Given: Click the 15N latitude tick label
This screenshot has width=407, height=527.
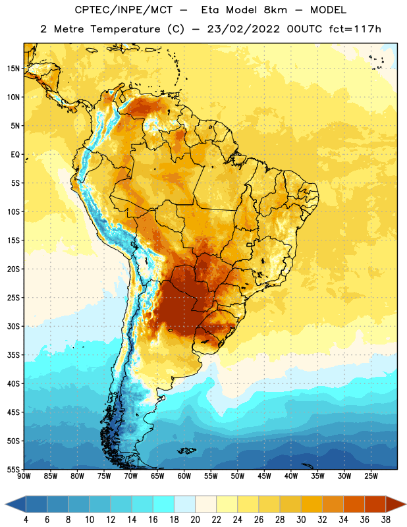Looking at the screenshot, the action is (x=13, y=69).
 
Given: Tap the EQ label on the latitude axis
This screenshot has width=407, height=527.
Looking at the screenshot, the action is (x=15, y=155).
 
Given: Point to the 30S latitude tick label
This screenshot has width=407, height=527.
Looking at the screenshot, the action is (x=13, y=326).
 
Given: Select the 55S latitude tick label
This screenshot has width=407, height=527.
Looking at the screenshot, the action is (x=13, y=469).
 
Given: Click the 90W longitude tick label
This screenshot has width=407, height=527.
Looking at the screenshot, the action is (x=24, y=476).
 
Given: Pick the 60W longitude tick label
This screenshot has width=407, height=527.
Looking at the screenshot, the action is (x=184, y=476).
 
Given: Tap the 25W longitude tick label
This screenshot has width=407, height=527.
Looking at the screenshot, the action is (x=371, y=476).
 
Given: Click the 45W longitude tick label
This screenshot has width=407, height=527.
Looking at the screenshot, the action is (x=264, y=476).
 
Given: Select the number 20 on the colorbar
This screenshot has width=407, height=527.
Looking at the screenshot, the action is (x=195, y=520).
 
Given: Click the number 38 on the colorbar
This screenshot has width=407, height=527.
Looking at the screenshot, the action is (x=386, y=520).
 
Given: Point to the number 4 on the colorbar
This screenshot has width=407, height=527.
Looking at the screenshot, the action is (x=26, y=520).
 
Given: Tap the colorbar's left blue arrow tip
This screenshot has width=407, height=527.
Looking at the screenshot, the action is (x=5, y=504).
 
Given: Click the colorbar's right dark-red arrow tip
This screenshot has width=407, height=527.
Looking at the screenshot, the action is (x=406, y=504).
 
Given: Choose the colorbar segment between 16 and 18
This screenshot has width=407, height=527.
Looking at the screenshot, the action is (x=163, y=504).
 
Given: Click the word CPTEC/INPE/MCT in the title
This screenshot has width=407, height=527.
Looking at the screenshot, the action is (x=123, y=10).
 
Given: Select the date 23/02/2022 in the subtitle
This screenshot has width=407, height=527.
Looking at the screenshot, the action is (x=243, y=29).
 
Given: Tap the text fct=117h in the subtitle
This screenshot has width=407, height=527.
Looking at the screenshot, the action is (x=355, y=29).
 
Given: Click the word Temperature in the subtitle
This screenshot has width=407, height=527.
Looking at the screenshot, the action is (x=125, y=30).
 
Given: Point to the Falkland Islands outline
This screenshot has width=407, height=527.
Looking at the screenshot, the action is (x=186, y=451).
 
